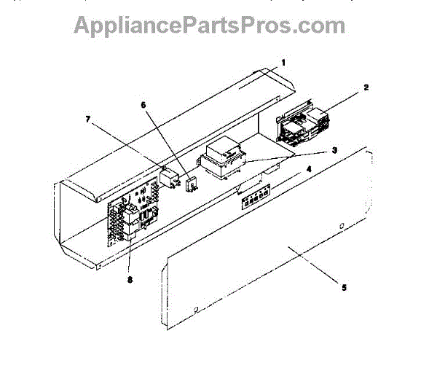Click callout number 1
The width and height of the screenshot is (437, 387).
(284, 62)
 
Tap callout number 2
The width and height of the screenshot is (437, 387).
(366, 87)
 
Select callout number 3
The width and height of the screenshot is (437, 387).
(334, 150)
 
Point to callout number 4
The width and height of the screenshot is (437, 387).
(309, 169)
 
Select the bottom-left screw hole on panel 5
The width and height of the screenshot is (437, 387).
(195, 309)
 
